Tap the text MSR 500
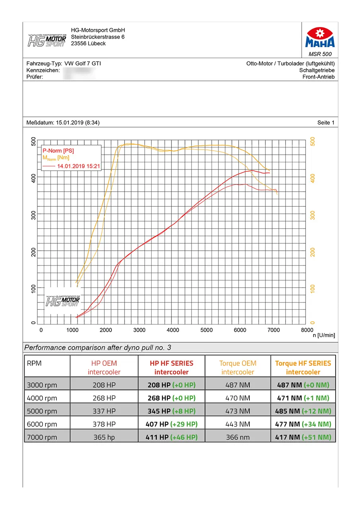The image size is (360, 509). point(320,54)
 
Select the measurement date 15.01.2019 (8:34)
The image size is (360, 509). point(78,123)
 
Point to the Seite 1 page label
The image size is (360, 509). point(326,123)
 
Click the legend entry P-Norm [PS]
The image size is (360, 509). point(58,151)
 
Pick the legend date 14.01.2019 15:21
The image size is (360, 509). point(78,167)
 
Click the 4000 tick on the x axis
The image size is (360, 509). point(173,330)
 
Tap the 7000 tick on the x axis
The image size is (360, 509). point(272,330)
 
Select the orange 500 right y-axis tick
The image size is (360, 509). point(312,142)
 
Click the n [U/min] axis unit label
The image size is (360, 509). point(324,336)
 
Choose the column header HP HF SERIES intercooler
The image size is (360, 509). point(171,367)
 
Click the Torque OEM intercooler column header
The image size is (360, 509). point(237,367)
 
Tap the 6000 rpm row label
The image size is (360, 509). point(42,424)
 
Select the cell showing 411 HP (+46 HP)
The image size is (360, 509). point(171,437)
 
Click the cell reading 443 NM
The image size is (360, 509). point(237,424)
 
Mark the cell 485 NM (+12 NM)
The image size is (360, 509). point(303,411)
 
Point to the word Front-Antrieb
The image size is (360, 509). point(318,77)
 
